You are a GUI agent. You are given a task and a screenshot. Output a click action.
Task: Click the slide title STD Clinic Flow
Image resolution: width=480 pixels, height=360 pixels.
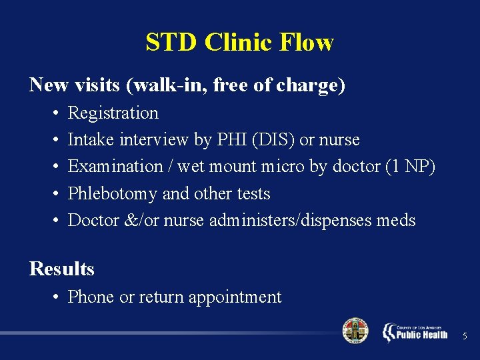point(239,43)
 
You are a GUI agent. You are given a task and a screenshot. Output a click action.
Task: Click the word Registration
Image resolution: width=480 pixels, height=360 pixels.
point(113,113)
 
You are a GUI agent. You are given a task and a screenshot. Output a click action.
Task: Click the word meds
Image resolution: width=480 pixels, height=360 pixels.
point(397,220)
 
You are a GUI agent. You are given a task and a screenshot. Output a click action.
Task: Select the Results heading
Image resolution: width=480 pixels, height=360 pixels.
point(62,269)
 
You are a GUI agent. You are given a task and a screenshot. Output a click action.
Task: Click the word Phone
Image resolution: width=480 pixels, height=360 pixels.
point(91,297)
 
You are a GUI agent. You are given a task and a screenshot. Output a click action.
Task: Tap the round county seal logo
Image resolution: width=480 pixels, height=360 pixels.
point(355,331)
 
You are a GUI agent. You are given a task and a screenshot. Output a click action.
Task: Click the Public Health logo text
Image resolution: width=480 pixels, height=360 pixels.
point(421,334)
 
